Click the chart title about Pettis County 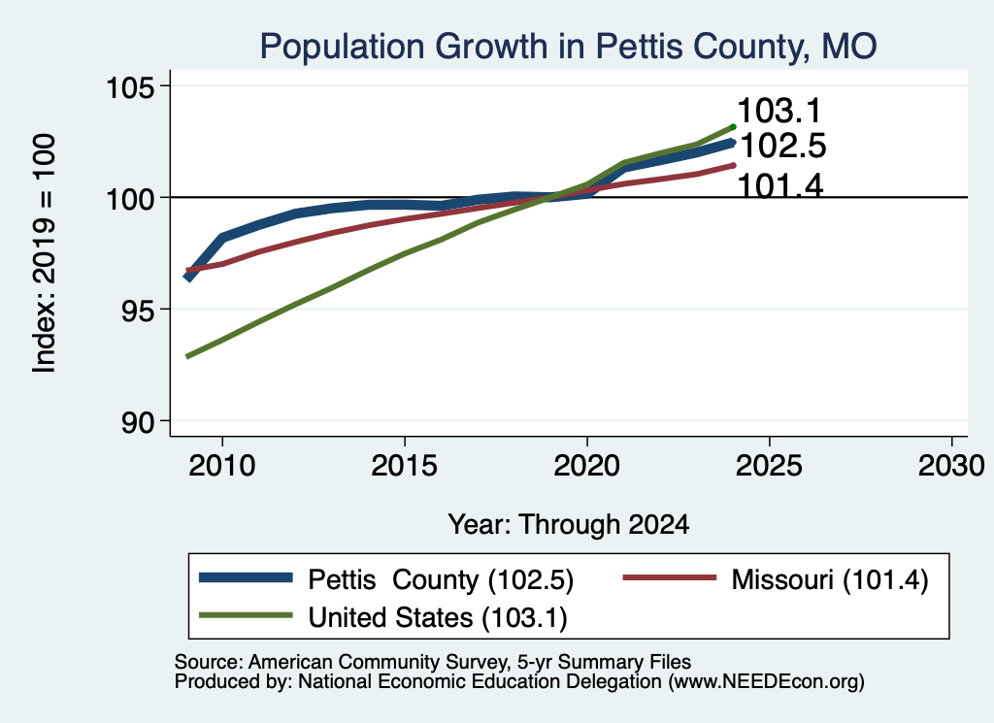point(568,47)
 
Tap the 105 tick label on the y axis point(130,86)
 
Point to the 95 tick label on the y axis point(138,310)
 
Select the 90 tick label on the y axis point(138,422)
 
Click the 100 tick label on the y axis point(130,199)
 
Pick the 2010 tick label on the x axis point(222,466)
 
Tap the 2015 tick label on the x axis point(405,466)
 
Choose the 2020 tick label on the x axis point(587,466)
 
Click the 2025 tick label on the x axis point(769,466)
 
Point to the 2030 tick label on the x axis point(951,466)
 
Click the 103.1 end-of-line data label point(779,111)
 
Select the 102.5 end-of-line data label point(783,146)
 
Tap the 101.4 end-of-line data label point(781,186)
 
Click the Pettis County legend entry point(386,579)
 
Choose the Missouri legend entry point(776,579)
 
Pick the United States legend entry point(382,617)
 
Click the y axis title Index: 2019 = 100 point(44,253)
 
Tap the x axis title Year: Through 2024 point(569,525)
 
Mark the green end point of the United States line point(733,127)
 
